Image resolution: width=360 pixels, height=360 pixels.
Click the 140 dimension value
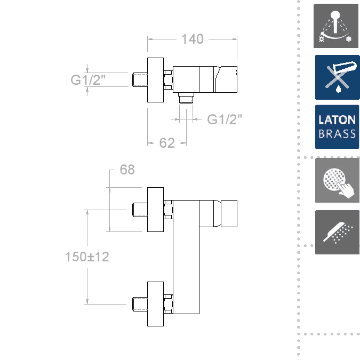(193, 39)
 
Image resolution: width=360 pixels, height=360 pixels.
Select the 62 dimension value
(167, 143)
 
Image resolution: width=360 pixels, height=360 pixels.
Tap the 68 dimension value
(127, 170)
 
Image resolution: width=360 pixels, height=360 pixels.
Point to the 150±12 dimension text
(87, 257)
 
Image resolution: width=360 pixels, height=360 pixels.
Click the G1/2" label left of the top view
(88, 79)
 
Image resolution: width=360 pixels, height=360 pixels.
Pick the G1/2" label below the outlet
(225, 119)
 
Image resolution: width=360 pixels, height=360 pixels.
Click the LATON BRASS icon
(337, 127)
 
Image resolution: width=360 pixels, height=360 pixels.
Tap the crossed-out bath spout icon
(338, 77)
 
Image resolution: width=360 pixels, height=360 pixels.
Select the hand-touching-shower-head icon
(337, 180)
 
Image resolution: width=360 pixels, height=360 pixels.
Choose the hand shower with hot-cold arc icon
(336, 26)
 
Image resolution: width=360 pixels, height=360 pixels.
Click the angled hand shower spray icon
(337, 232)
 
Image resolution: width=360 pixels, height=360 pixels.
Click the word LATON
(337, 120)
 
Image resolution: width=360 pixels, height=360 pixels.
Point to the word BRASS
(337, 134)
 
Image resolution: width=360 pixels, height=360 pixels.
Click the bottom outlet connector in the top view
(186, 98)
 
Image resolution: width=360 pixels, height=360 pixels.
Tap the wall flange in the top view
(155, 80)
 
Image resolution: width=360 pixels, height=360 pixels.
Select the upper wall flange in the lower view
(155, 210)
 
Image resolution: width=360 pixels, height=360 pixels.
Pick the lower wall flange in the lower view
(155, 304)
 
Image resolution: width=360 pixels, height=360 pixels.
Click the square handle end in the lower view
(229, 213)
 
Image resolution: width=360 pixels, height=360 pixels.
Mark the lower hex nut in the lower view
(169, 304)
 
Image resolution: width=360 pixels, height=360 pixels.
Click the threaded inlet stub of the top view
(140, 79)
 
